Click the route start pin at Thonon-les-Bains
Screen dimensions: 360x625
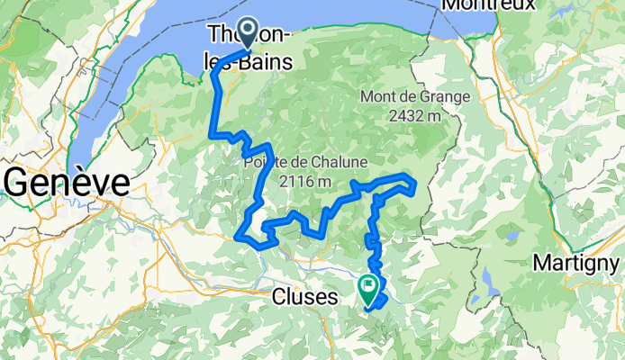[245, 34]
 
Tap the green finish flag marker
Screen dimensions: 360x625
[368, 288]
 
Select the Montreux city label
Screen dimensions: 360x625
[488, 5]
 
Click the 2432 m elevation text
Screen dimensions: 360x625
[414, 114]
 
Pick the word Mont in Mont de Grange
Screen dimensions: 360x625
[377, 96]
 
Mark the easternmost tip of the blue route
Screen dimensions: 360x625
[415, 186]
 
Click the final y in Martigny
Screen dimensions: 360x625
[614, 265]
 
